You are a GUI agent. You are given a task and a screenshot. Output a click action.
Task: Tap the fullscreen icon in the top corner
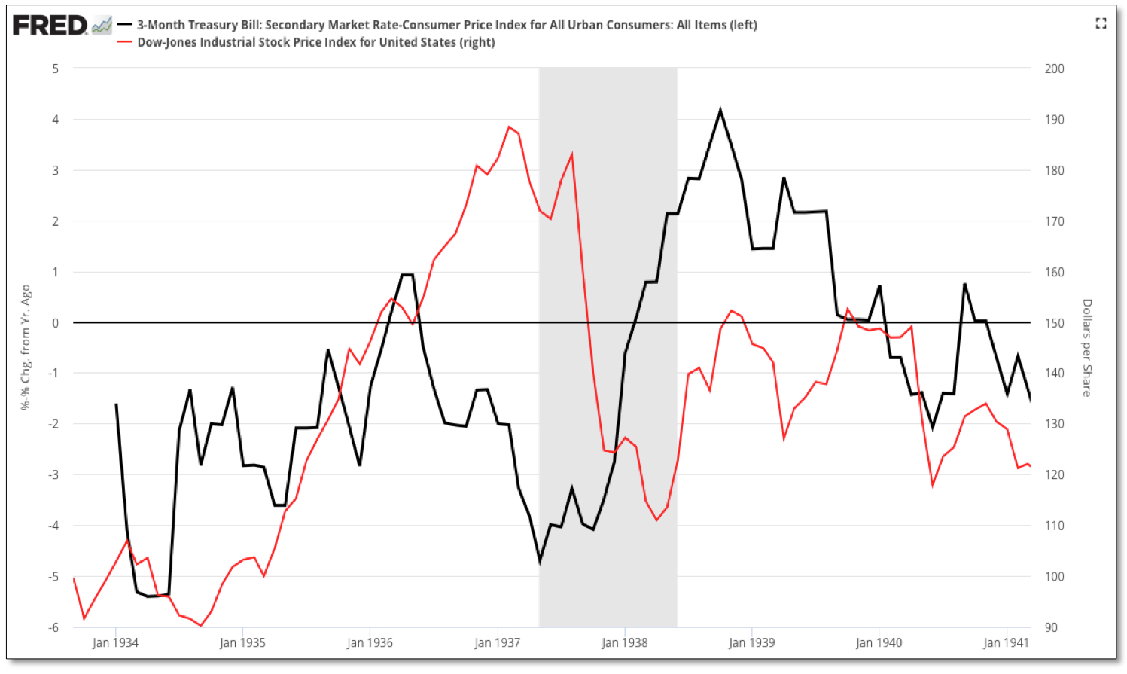1101,24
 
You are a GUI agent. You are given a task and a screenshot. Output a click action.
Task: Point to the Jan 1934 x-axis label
115,642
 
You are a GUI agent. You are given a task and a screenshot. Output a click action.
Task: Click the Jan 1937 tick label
497,642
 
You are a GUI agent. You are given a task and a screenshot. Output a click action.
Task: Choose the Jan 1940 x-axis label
879,642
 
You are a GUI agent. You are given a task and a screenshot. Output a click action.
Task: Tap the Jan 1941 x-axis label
1006,642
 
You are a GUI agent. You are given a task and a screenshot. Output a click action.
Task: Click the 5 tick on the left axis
56,69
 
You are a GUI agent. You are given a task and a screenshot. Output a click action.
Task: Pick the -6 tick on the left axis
54,627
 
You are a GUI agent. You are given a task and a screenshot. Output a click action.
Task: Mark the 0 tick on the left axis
56,323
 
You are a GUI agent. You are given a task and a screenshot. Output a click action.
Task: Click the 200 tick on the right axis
1054,69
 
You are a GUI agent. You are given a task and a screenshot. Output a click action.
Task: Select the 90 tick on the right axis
1051,627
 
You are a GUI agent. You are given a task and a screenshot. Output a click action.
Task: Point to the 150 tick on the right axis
1054,323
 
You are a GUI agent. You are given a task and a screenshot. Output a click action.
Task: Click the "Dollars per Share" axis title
1086,348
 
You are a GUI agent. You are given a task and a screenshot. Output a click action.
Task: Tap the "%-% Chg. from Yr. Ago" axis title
26,347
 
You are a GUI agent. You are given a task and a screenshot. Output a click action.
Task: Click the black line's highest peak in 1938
720,111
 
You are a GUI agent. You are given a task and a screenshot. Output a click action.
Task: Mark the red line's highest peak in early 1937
509,127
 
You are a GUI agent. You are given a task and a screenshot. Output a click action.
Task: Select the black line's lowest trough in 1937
540,561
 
